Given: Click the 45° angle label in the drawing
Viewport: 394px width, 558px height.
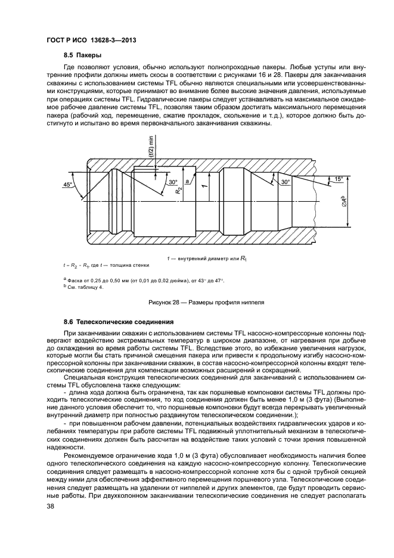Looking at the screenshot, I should coord(68,184).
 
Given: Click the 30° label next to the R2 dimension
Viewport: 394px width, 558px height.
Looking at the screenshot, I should coord(173,182).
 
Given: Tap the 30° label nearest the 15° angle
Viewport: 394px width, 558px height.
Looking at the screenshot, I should coord(285,181).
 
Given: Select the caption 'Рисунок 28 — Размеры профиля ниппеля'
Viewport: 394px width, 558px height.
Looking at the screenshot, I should coord(203,302).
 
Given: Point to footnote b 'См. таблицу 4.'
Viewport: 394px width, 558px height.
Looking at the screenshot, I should coord(83,287).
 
